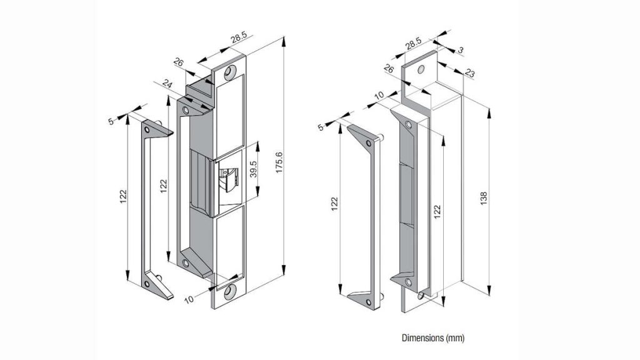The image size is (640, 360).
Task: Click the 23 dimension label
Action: click(x=470, y=74)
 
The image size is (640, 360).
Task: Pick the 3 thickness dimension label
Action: click(x=460, y=49)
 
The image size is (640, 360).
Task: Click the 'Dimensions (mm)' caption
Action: click(x=432, y=339)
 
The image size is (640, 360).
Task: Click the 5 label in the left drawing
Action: click(x=112, y=121)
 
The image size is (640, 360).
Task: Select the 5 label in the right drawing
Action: click(x=321, y=128)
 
